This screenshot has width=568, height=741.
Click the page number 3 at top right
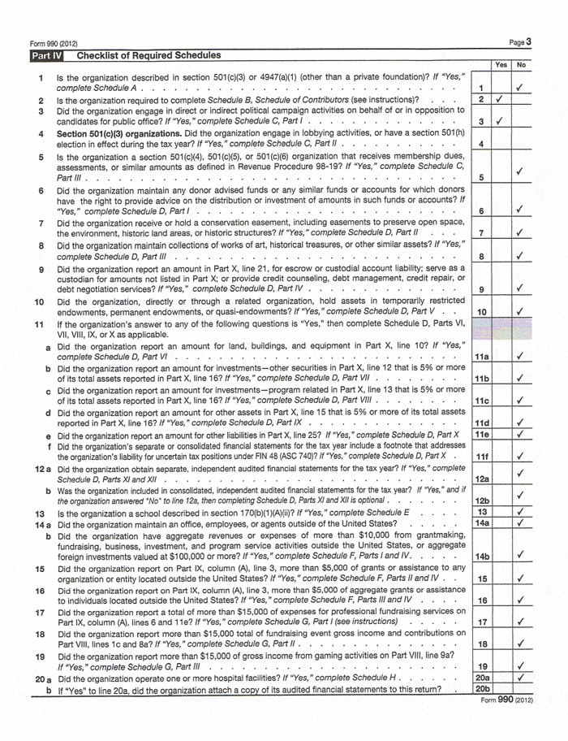pyautogui.click(x=528, y=41)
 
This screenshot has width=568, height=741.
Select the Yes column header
pyautogui.click(x=501, y=65)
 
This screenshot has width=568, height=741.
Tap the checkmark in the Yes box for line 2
pyautogui.click(x=500, y=100)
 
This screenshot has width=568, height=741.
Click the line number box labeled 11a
pyautogui.click(x=481, y=355)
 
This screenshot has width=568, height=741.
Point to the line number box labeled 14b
pyautogui.click(x=481, y=556)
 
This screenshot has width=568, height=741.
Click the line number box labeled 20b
pyautogui.click(x=481, y=690)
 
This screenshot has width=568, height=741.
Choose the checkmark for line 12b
pyautogui.click(x=521, y=495)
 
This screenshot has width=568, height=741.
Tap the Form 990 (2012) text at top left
pyautogui.click(x=54, y=43)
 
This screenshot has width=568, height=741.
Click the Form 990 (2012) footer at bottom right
pyautogui.click(x=506, y=700)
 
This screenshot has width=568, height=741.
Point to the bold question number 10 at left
pyautogui.click(x=38, y=301)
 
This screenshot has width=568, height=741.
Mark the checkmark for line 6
pyautogui.click(x=521, y=210)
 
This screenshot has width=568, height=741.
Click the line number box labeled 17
pyautogui.click(x=481, y=622)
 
